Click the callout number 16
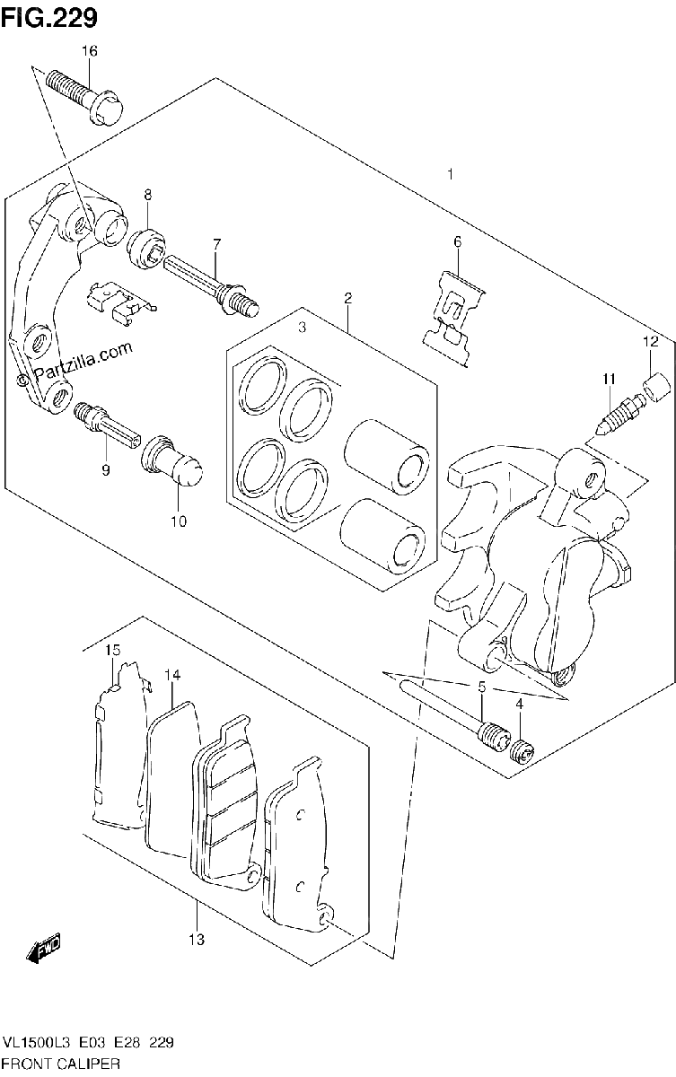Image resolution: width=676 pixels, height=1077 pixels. [90, 51]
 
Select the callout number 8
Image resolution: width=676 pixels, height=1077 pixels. [147, 195]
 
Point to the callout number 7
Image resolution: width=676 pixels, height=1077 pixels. [217, 245]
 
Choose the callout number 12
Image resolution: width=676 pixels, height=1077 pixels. [650, 342]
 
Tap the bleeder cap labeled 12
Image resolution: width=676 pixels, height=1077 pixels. [656, 388]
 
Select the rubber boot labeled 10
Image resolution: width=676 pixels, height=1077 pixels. [171, 460]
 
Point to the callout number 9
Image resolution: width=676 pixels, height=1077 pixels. [105, 469]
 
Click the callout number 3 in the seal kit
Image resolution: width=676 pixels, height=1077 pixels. [302, 328]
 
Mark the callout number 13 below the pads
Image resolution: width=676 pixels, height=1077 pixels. [197, 939]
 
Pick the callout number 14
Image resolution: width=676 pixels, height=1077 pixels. [172, 676]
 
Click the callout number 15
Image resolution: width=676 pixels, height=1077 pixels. [112, 650]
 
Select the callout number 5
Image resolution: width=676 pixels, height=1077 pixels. [482, 687]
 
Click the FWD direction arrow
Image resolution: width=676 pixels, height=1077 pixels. [45, 948]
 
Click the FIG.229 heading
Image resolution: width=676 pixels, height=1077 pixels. [49, 18]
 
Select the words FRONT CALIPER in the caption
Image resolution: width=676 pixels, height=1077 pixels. [62, 1064]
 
